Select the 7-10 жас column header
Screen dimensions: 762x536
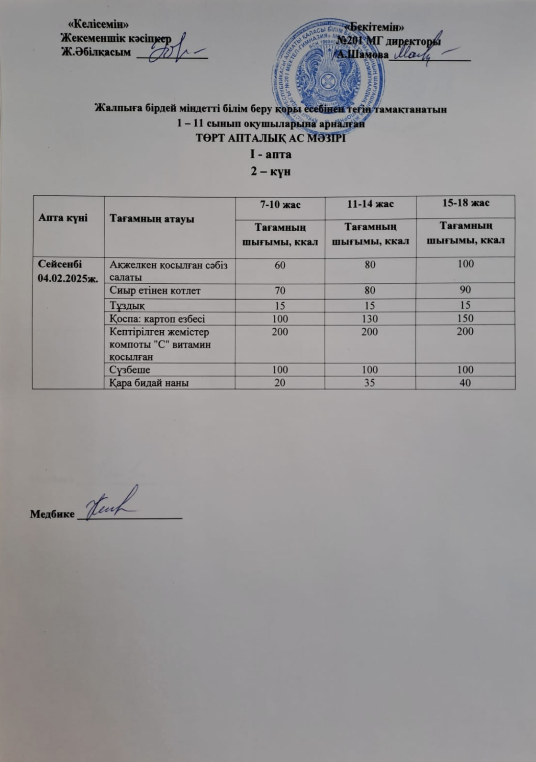coord(280,205)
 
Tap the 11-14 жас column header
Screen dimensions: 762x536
coord(369,204)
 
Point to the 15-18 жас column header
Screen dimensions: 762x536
coord(466,203)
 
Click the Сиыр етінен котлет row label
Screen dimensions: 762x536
coord(155,291)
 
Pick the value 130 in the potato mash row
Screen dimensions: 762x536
coord(369,319)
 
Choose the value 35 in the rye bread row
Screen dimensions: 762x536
coord(369,382)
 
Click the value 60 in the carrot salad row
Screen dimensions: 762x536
coord(280,264)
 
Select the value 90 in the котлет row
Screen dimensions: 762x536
coord(465,290)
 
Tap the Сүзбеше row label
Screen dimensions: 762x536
coord(130,370)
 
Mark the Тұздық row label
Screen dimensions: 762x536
coord(127,305)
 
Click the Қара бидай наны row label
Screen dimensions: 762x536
coord(149,382)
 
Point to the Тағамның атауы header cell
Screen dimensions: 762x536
coord(152,219)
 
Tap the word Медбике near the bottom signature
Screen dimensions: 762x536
coord(52,514)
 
